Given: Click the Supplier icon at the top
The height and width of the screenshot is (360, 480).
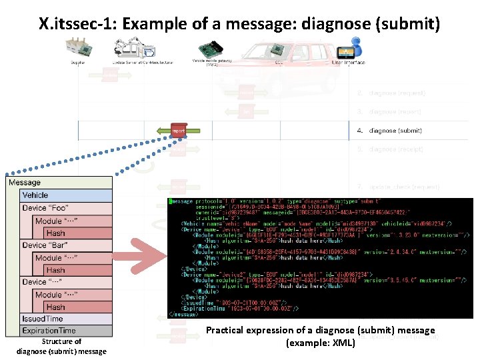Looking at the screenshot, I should click(79, 49).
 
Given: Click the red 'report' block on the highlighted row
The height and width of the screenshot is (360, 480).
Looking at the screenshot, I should click(178, 131).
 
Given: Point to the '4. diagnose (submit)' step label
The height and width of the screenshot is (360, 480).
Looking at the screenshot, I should click(395, 131).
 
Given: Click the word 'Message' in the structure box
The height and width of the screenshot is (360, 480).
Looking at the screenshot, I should click(25, 183).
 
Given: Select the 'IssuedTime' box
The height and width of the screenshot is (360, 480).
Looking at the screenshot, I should click(43, 319).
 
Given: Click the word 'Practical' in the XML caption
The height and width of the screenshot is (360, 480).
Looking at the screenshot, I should click(223, 331).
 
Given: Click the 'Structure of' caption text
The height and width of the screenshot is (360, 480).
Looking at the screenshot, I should click(61, 341).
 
